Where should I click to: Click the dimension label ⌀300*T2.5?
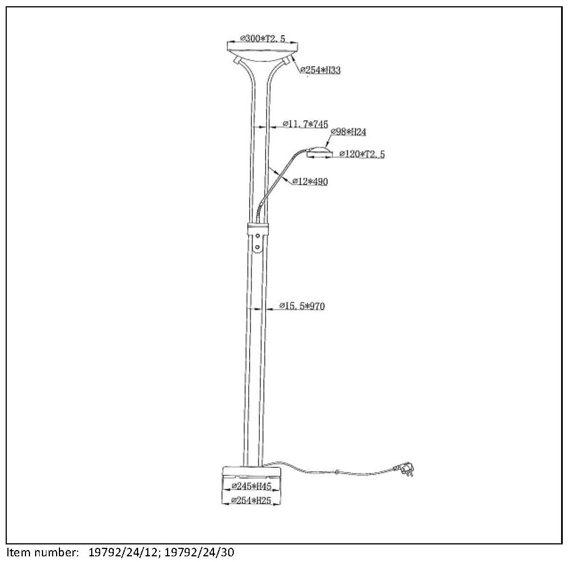click(262, 39)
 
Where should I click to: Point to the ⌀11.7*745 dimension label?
click(305, 123)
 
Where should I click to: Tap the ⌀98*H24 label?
click(349, 132)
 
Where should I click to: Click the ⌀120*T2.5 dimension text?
click(362, 154)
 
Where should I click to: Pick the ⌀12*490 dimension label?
click(310, 181)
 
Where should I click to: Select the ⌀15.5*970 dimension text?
click(303, 306)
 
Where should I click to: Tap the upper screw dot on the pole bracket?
click(258, 236)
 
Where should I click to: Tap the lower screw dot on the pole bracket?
click(258, 246)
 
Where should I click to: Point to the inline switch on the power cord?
click(337, 472)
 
